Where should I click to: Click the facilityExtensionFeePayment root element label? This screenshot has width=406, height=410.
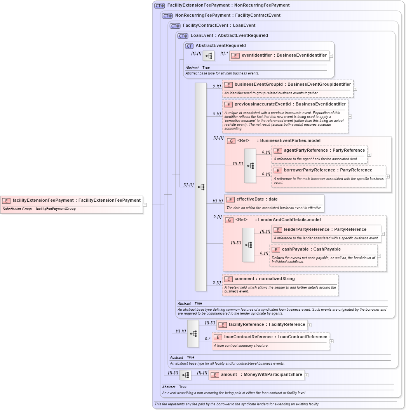click(76, 200)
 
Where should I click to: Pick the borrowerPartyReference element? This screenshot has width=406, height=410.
click(328, 170)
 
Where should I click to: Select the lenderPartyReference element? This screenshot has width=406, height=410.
click(325, 229)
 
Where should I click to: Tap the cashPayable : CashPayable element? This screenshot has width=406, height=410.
click(311, 249)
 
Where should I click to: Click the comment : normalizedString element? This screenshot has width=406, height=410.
click(264, 279)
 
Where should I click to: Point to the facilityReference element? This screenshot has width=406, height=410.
click(267, 325)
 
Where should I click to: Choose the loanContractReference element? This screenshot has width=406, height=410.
click(275, 337)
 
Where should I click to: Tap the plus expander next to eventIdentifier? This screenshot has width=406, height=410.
click(331, 56)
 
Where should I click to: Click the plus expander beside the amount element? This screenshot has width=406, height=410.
click(307, 375)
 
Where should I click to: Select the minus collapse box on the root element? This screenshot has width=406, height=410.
click(145, 205)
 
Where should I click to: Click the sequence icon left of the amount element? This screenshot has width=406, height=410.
click(185, 375)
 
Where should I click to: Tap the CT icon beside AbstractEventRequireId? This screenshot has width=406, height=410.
click(189, 46)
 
